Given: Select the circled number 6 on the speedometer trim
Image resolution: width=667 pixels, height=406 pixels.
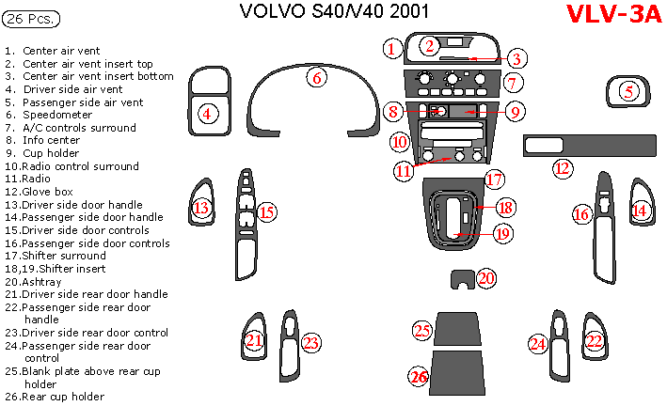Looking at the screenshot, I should coord(318,79).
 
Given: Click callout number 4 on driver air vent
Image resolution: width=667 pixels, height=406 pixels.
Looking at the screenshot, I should coord(208,114).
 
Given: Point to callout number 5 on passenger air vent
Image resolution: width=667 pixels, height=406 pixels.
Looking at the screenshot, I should coord(629,91).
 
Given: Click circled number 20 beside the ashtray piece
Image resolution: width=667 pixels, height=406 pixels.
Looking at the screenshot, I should coord(486,278).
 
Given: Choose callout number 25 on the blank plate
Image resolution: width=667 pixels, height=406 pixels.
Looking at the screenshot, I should coord(423,330).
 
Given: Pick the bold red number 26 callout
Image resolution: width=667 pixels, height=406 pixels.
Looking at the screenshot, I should coord(419,377).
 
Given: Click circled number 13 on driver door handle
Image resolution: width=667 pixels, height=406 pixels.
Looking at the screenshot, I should coord(201,209).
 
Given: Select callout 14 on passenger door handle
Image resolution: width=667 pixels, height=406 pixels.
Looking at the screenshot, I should coord(641,211).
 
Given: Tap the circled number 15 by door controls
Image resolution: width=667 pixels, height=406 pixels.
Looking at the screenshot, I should coord(267,212).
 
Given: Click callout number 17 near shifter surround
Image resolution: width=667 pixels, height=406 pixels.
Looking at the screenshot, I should coord(495,180).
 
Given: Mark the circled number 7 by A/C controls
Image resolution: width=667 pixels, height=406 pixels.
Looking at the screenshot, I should coord(512,83).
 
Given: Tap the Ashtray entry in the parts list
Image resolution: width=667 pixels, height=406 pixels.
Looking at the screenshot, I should coord(44,281).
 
